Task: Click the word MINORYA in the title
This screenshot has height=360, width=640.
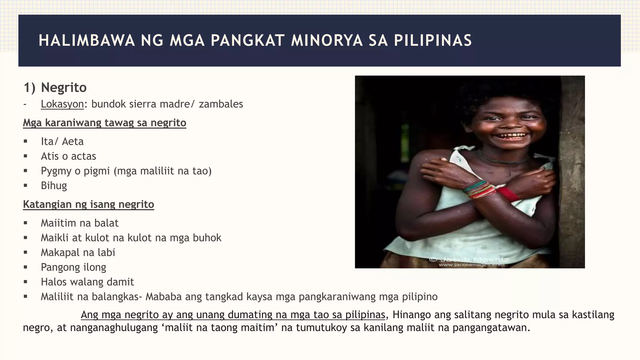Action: (327, 41)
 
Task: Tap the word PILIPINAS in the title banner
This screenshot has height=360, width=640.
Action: (433, 41)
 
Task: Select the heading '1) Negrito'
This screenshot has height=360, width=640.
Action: (55, 87)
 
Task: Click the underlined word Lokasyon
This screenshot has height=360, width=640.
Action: (62, 104)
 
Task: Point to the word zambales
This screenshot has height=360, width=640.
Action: (221, 104)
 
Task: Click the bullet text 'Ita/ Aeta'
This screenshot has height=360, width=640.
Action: (62, 142)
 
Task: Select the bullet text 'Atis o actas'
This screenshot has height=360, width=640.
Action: (68, 156)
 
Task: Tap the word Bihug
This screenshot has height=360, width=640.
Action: (54, 186)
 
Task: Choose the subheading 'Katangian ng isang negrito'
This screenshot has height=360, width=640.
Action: (88, 204)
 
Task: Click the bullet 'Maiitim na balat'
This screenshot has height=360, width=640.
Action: (80, 223)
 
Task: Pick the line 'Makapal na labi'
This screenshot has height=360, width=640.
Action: (78, 252)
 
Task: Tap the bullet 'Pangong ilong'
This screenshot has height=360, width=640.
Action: (73, 267)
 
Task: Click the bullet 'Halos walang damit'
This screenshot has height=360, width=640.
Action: (87, 282)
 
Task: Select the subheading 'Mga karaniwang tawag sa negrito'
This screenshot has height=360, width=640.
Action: (104, 123)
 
